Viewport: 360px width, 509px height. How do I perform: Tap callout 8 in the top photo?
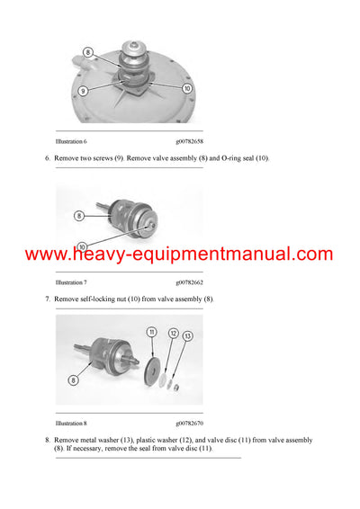(88, 54)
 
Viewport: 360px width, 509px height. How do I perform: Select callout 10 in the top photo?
(187, 89)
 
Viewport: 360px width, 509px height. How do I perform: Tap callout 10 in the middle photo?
(83, 246)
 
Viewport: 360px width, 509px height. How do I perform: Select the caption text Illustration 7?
(72, 281)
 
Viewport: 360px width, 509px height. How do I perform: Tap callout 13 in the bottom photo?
(187, 335)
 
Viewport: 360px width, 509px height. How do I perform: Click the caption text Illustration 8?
(72, 422)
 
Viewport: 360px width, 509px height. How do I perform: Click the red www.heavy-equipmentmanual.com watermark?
(180, 254)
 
